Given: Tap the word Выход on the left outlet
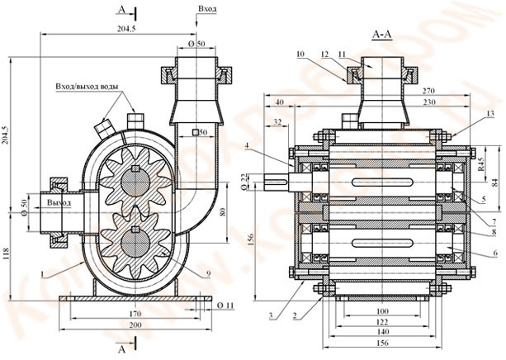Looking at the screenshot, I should click(x=59, y=201).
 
